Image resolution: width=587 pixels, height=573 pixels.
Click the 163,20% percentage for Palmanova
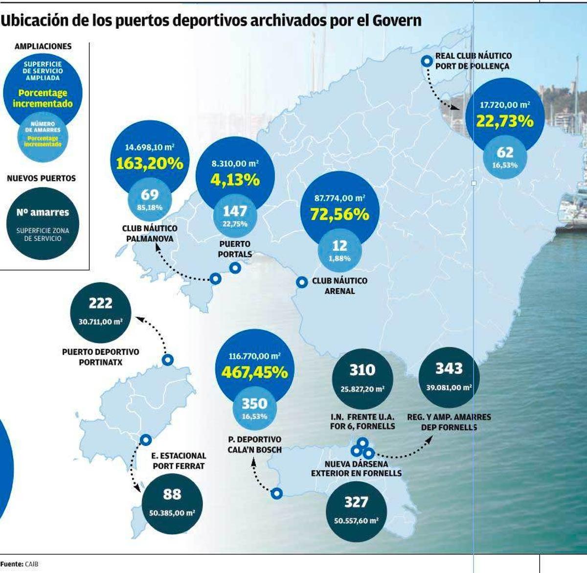tap(149, 163)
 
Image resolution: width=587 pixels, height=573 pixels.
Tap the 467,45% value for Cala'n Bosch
tap(254, 372)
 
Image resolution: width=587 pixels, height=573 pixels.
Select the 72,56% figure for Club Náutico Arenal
tap(339, 214)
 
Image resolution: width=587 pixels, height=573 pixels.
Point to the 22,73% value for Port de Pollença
tap(504, 121)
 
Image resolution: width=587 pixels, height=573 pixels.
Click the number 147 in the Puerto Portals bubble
tap(235, 211)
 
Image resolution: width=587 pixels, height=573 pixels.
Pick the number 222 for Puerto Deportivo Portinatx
tap(100, 303)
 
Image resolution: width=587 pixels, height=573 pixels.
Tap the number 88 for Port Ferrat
tap(172, 494)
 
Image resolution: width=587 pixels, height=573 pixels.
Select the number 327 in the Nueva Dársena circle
tap(356, 502)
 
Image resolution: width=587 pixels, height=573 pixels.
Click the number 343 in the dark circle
tap(449, 368)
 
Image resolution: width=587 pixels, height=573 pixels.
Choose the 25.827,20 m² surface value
tap(362, 390)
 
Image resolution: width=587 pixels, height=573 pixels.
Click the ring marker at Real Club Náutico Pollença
tap(427, 61)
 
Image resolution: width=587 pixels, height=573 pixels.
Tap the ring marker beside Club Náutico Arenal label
tap(302, 282)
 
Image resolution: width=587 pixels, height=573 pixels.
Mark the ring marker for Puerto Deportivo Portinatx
tap(168, 360)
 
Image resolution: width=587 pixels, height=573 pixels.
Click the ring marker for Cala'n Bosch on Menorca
tap(277, 493)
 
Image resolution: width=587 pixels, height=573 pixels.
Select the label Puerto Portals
tap(235, 249)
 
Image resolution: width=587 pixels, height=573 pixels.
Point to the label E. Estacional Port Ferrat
tap(179, 461)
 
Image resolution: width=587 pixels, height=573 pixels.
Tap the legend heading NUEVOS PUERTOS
tap(42, 179)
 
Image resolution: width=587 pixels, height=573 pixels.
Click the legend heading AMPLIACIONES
tap(43, 46)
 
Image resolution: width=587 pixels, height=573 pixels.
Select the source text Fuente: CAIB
tap(20, 564)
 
